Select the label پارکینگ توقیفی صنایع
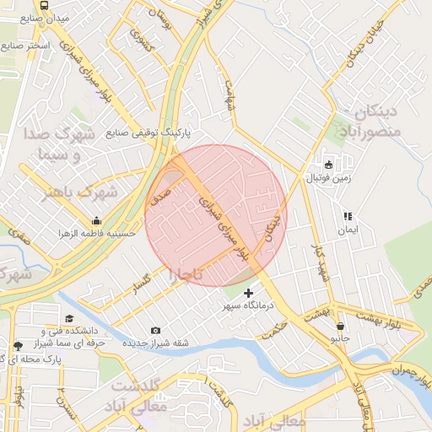149,132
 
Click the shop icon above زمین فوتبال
328,164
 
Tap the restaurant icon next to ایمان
348,216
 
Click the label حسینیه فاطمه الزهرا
93,230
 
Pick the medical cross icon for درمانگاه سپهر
248,293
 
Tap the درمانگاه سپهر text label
244,306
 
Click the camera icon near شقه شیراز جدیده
155,330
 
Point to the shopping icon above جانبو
339,326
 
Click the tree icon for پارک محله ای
19,345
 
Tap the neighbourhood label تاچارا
186,275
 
